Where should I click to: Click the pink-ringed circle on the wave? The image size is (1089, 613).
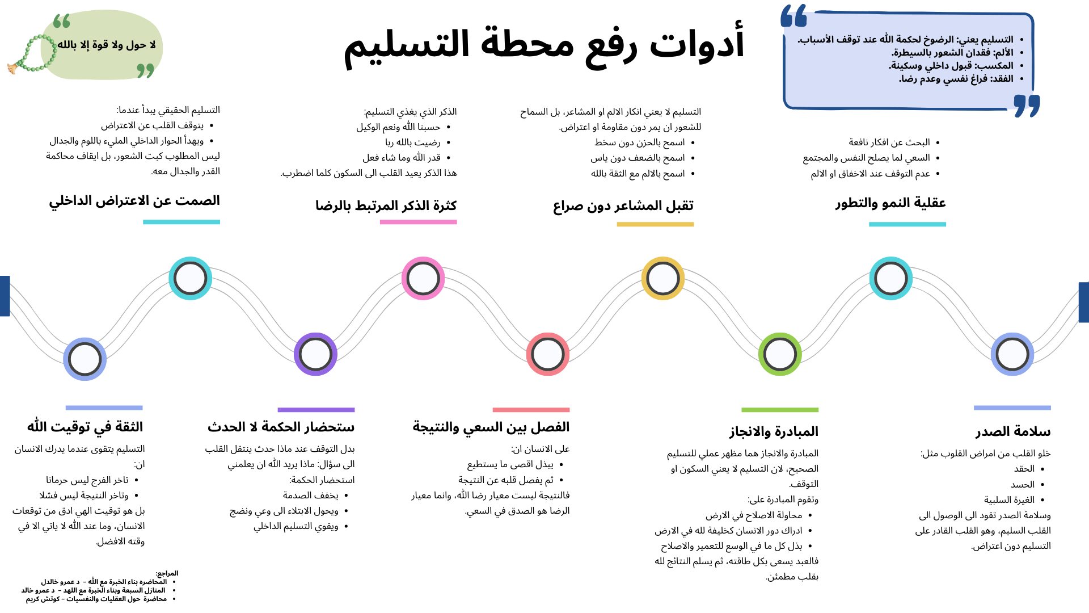coord(423,279)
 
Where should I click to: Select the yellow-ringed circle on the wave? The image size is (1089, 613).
coord(663,279)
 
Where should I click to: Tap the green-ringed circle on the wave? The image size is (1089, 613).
coord(780,354)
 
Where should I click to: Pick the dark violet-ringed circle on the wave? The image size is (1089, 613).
coord(315,354)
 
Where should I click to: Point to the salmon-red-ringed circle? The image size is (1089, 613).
coord(548,354)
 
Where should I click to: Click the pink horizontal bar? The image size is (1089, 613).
coord(418,222)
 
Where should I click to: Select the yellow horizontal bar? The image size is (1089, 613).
coord(655,225)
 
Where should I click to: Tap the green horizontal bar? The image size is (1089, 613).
coord(780,410)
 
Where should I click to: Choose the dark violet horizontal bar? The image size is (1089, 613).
coord(316,410)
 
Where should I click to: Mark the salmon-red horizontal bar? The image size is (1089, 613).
coord(531,410)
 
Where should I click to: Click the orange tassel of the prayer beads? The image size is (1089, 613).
coord(12,69)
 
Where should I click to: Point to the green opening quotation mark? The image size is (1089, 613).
coord(62,22)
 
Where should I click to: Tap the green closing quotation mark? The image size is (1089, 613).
coord(145,70)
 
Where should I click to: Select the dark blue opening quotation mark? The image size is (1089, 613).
coord(793,16)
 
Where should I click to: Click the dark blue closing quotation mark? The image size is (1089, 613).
coord(1027,106)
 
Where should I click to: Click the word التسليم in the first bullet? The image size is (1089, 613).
coord(998,40)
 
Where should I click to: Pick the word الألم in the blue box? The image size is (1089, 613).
coord(1003,53)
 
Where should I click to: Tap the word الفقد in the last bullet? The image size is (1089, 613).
coord(1002,79)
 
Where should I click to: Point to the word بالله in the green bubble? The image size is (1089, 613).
coord(67,45)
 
